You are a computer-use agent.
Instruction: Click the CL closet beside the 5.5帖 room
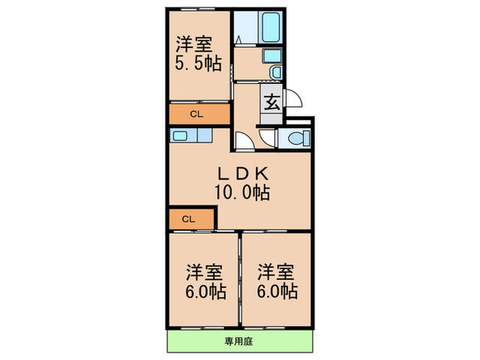[197, 113]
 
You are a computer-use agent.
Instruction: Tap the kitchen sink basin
[180, 136]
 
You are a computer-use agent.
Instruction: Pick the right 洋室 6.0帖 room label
[277, 281]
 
